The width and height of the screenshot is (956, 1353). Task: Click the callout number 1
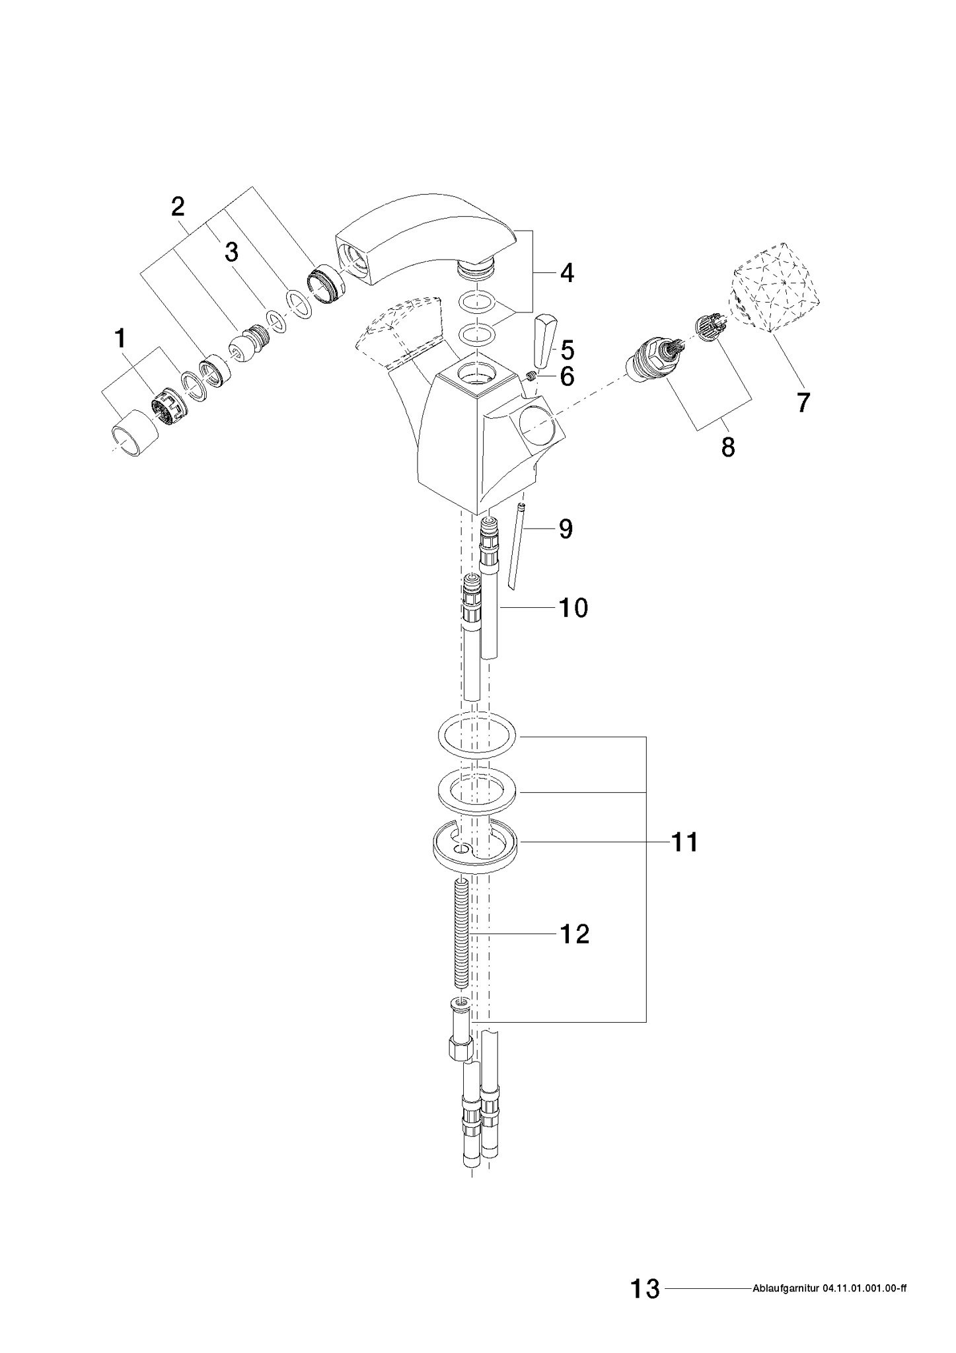pos(120,340)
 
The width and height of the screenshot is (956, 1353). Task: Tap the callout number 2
pos(178,207)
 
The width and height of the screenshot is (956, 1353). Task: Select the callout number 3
pos(231,252)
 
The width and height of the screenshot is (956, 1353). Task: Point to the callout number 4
pos(567,273)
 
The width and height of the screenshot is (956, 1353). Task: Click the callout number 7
pos(802,402)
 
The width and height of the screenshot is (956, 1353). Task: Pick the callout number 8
pos(727,447)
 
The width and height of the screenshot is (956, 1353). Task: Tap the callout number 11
pos(684,842)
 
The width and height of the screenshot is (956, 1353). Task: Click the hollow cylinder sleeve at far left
pos(134,433)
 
